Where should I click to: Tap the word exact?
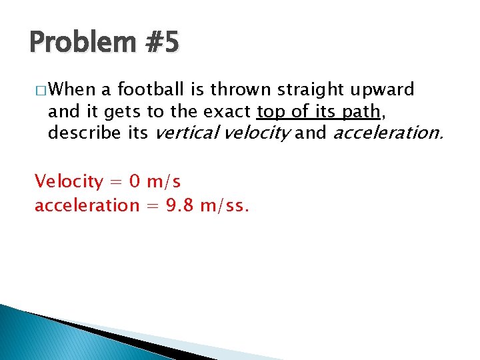(x=229, y=111)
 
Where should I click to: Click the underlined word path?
(x=359, y=111)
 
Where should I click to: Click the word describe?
(x=84, y=133)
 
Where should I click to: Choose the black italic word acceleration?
(x=387, y=133)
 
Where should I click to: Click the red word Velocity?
(x=69, y=181)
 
